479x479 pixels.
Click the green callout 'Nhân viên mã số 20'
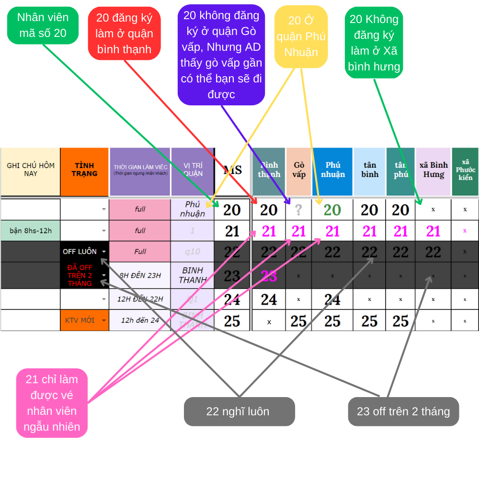(43, 25)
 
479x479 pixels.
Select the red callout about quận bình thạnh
(124, 34)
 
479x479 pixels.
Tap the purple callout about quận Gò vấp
(221, 55)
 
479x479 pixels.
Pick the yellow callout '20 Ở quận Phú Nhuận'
(301, 36)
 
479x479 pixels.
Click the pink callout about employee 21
(52, 403)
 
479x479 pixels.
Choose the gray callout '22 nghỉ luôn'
(239, 411)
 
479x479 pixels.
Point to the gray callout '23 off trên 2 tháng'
(403, 411)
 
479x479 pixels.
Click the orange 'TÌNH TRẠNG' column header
(84, 170)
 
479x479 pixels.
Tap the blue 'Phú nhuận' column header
(332, 170)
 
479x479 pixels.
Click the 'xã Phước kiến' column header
(465, 170)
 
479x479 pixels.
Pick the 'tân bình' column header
(369, 170)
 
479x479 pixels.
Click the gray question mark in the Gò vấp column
(298, 209)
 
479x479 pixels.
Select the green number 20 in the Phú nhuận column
(332, 210)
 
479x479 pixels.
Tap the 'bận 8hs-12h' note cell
(31, 230)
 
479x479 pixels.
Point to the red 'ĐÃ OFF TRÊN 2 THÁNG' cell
(80, 275)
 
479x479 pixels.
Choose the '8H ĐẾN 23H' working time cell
(140, 275)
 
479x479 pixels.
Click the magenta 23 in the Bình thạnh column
(269, 275)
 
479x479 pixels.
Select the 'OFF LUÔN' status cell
(80, 251)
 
